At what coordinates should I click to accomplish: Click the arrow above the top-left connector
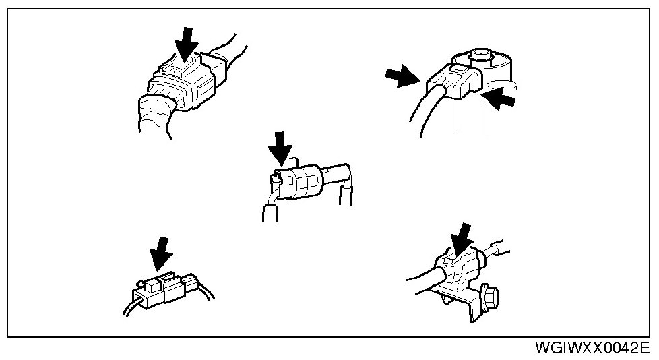tap(185, 44)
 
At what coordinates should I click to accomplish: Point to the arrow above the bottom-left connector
tap(160, 253)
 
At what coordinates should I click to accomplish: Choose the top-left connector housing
tap(185, 84)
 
